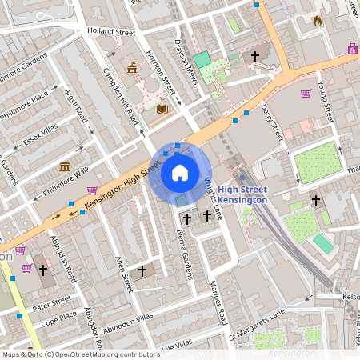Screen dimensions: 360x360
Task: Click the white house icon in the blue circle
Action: (x=180, y=172)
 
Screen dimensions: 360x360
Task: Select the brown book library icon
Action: (x=162, y=109)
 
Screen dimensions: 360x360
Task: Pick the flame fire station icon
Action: (x=317, y=20)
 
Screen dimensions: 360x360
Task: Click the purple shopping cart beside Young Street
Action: (x=306, y=94)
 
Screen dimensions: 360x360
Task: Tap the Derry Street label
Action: (x=272, y=119)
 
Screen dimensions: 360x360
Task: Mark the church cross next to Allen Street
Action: (x=142, y=271)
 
